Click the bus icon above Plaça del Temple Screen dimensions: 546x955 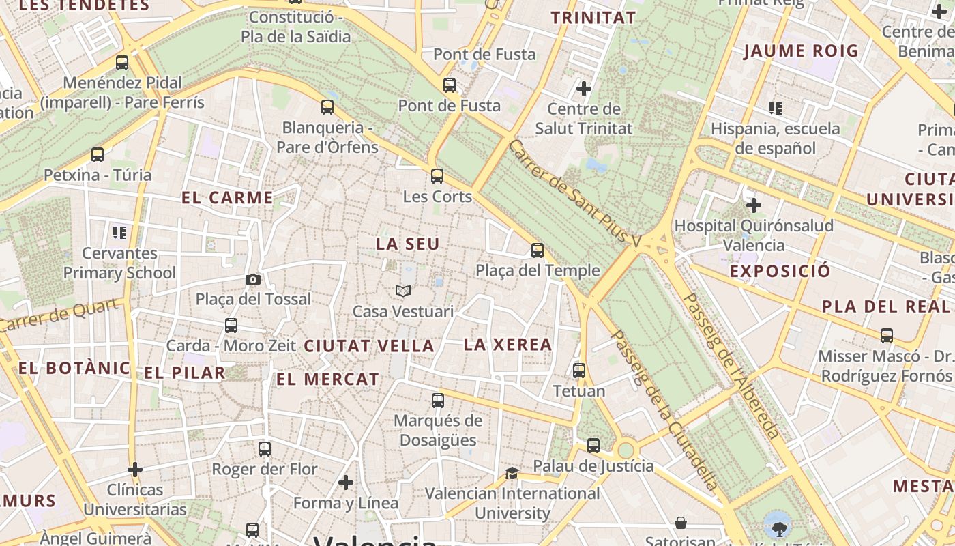point(538,250)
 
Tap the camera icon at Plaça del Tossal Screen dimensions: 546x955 point(253,279)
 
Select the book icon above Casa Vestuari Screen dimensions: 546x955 point(403,291)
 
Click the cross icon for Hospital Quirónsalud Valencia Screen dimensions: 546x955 point(754,205)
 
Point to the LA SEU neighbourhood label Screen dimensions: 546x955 point(408,244)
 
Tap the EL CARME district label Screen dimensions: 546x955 point(228,198)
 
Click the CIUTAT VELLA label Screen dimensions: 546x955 point(369,346)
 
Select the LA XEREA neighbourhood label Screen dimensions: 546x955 point(508,345)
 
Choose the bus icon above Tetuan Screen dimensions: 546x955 point(579,371)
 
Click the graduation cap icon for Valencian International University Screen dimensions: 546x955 point(512,473)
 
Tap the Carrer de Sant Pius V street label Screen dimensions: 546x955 point(576,194)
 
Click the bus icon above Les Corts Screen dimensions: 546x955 point(437,176)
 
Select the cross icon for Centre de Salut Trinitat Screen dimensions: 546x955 point(584,88)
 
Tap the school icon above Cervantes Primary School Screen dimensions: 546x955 point(120,233)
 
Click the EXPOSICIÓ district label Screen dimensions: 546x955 point(780,271)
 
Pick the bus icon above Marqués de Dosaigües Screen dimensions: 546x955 point(438,401)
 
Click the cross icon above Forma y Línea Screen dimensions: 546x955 point(346,483)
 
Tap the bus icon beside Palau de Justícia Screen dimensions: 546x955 point(593,446)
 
